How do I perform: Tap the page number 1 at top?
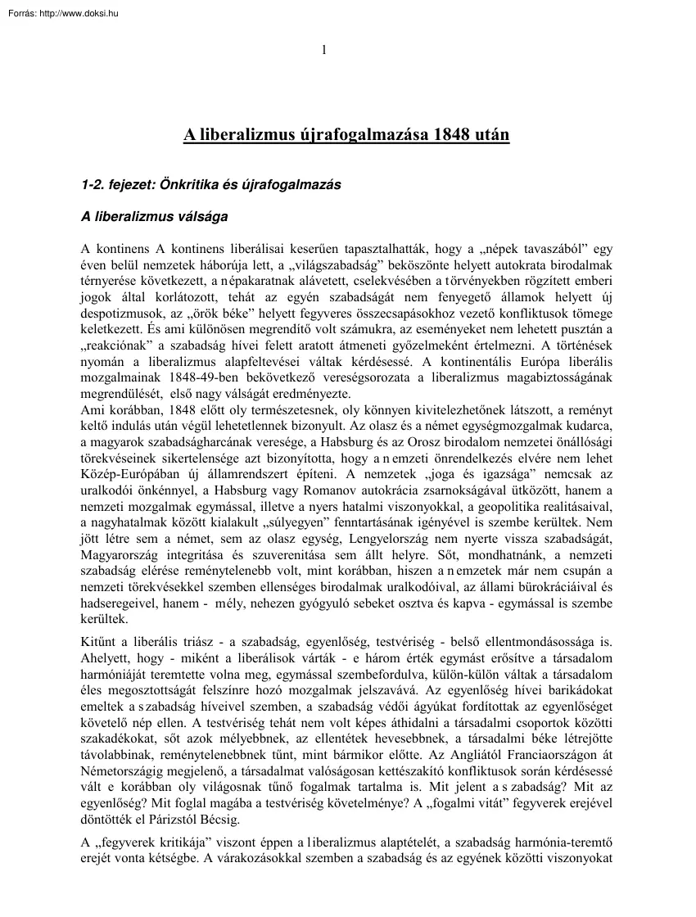click(x=324, y=50)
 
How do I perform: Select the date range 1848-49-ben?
click(x=226, y=382)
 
